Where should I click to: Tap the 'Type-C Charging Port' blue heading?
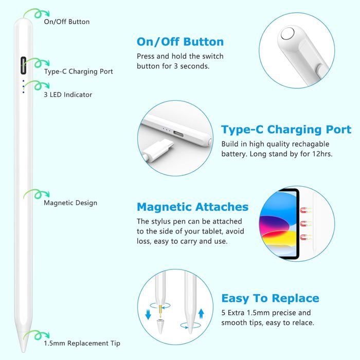click(x=286, y=130)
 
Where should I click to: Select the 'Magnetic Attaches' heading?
click(x=192, y=207)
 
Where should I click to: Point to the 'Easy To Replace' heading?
click(x=270, y=298)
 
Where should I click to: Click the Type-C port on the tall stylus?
click(x=23, y=66)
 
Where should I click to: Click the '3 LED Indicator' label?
click(x=68, y=95)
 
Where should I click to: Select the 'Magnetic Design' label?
click(x=70, y=203)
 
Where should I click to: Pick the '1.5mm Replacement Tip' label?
click(x=82, y=343)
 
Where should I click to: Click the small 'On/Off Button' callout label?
click(x=67, y=22)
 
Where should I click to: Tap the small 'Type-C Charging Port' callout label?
click(x=78, y=71)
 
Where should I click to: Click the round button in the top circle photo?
click(x=288, y=36)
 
